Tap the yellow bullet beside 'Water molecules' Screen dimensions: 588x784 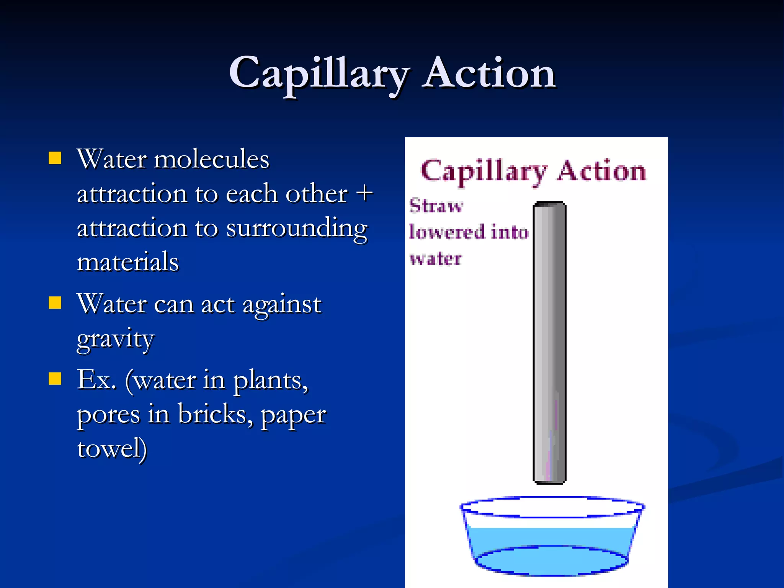(55, 158)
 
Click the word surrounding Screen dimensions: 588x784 (297, 229)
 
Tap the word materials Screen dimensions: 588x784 (127, 262)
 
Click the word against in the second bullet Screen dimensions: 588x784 (282, 305)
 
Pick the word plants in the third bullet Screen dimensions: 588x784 (270, 381)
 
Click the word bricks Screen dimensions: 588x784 (215, 415)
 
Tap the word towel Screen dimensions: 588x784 (111, 449)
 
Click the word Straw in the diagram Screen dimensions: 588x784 (436, 206)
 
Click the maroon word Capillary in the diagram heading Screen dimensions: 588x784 (483, 171)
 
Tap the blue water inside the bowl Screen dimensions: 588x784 (550, 544)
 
